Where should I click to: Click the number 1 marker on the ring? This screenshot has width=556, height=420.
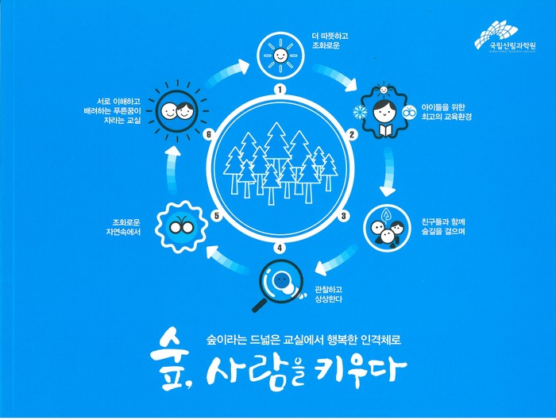pyautogui.click(x=280, y=90)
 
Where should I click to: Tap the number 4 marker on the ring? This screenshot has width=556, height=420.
pyautogui.click(x=280, y=248)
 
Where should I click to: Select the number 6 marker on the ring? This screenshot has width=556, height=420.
pyautogui.click(x=208, y=135)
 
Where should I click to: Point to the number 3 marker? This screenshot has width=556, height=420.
pyautogui.click(x=343, y=216)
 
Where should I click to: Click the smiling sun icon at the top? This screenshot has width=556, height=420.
pyautogui.click(x=280, y=56)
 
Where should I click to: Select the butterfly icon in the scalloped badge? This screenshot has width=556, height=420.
pyautogui.click(x=181, y=226)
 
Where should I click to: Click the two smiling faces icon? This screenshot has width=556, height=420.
pyautogui.click(x=177, y=111)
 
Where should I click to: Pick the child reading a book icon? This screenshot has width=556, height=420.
pyautogui.click(x=384, y=113)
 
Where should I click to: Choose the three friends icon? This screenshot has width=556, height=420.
pyautogui.click(x=388, y=228)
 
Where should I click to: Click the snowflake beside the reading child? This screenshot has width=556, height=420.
pyautogui.click(x=360, y=112)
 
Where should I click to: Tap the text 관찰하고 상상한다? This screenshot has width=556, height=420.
pyautogui.click(x=328, y=295)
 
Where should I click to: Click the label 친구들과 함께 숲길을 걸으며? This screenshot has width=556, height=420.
pyautogui.click(x=443, y=227)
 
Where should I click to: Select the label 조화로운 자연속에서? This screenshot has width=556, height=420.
pyautogui.click(x=123, y=227)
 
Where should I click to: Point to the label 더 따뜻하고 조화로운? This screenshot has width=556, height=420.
pyautogui.click(x=330, y=40)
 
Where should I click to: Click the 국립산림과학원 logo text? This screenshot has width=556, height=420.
pyautogui.click(x=513, y=46)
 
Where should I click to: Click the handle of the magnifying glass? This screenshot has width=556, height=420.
pyautogui.click(x=260, y=306)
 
